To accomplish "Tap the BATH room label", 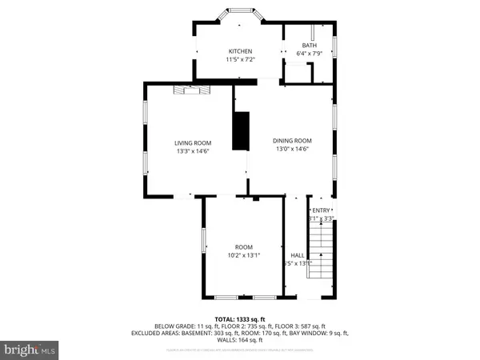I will coord(309,46).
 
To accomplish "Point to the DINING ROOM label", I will coord(294,140).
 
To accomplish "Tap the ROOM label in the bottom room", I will coord(243,246).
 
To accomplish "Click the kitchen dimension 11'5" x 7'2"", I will coord(241,60).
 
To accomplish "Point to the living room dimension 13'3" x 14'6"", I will coord(193,151).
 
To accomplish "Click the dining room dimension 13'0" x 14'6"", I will coord(294,149).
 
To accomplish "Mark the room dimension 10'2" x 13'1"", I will coord(243,255).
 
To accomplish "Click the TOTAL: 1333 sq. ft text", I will coord(240,318).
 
